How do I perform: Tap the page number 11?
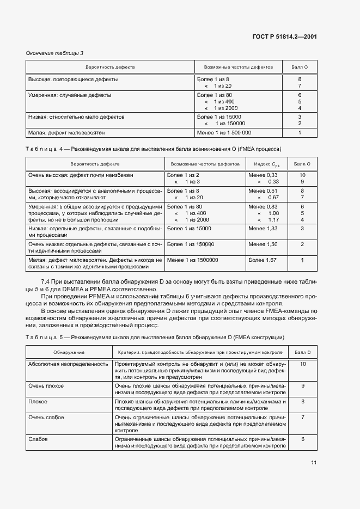click(314, 463)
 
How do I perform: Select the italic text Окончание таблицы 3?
click(54, 53)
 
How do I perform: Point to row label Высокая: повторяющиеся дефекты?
click(73, 79)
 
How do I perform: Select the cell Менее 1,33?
click(263, 229)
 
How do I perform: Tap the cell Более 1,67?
click(263, 260)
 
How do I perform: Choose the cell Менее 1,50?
click(263, 244)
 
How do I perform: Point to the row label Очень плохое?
click(46, 386)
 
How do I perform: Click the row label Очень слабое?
click(46, 418)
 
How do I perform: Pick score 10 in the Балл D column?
click(302, 364)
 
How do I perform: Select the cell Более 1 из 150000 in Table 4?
click(191, 244)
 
